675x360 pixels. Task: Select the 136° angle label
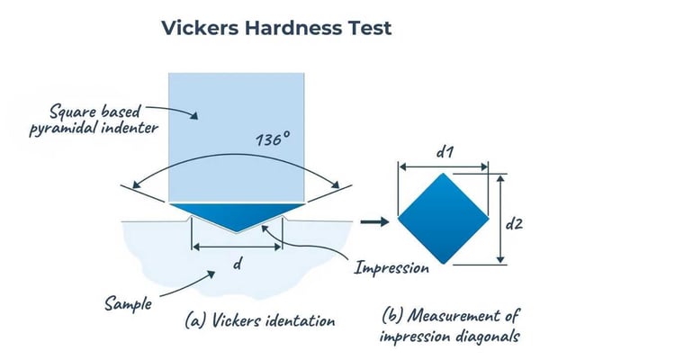coord(274,142)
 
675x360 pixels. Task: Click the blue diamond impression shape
coord(443,218)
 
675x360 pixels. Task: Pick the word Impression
coord(391,267)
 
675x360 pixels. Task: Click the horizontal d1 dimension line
coord(443,166)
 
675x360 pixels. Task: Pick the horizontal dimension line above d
coord(237,246)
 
